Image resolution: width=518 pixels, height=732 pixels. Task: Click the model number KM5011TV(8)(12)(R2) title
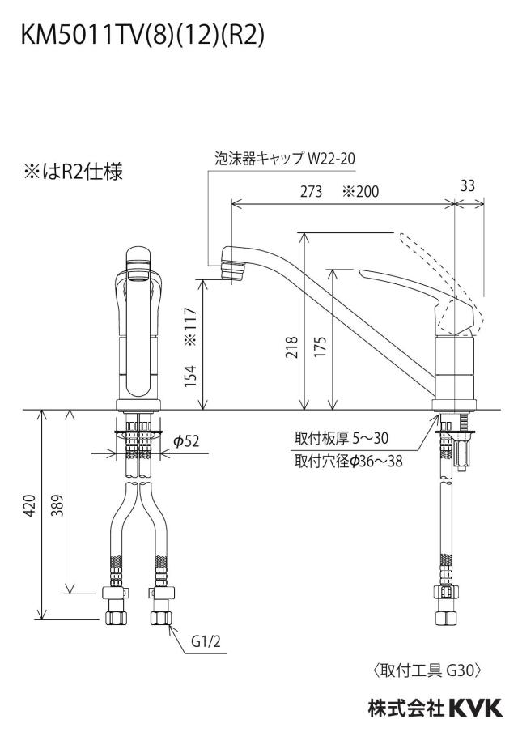(142, 36)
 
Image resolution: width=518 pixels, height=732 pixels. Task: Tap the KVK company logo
(476, 707)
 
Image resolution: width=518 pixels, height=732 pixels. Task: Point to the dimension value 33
(468, 185)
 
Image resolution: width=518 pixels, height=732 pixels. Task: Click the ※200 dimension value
(361, 191)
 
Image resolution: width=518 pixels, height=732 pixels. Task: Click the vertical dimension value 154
(190, 376)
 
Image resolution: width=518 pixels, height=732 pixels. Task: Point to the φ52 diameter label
(186, 440)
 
